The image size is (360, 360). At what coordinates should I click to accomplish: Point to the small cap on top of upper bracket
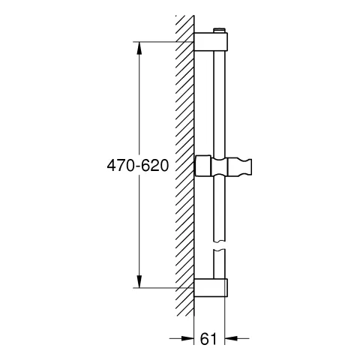[x=219, y=31]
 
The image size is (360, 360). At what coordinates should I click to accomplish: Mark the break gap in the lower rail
[x=219, y=246]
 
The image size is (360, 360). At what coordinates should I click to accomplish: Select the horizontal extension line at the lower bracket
[x=161, y=287]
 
